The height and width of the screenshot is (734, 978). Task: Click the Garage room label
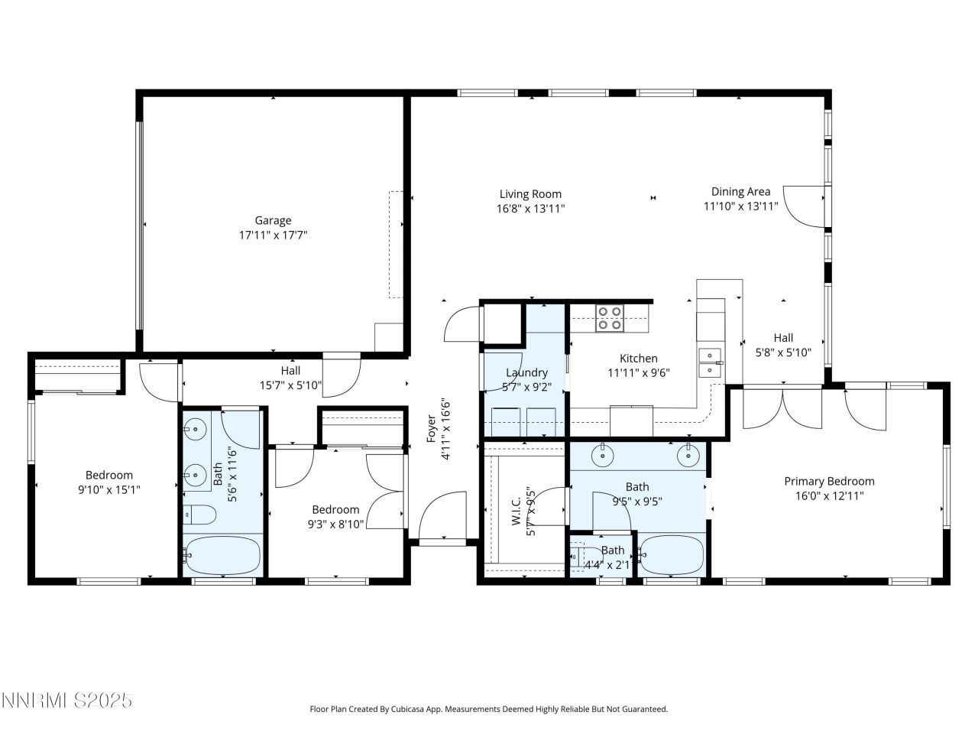[x=273, y=221]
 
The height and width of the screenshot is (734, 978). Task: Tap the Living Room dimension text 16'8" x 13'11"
[x=530, y=208]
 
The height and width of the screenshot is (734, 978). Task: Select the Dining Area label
[x=740, y=192]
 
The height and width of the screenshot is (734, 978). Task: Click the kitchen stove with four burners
[x=609, y=318]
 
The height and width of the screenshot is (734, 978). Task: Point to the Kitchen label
[x=638, y=359]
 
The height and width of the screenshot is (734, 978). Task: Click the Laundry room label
[x=526, y=373]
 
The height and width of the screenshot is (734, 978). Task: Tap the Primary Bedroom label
[x=829, y=482]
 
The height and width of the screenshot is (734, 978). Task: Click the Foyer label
[x=431, y=429]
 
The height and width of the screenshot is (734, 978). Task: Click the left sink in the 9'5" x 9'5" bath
[x=604, y=456]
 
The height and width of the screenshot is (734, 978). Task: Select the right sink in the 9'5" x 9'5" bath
[x=689, y=456]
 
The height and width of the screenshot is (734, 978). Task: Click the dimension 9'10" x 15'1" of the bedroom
[x=108, y=489]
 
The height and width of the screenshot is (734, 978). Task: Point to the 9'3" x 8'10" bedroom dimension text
[x=335, y=525]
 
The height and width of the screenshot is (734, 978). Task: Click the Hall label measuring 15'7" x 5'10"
[x=290, y=371]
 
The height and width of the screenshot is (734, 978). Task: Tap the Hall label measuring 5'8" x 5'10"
[x=783, y=338]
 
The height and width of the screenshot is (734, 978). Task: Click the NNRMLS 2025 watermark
[x=67, y=700]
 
